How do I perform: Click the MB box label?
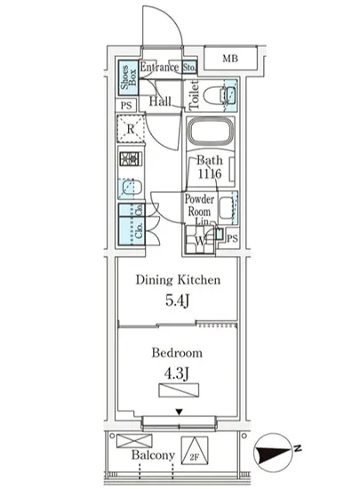click(230, 60)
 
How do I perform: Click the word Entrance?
click(160, 68)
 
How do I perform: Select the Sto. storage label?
click(189, 68)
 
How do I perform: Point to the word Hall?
click(160, 102)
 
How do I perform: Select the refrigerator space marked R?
click(131, 132)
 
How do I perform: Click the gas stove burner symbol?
click(130, 162)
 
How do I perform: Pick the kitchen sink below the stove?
click(130, 188)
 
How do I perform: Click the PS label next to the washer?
click(232, 238)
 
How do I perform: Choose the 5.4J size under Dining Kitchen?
click(177, 300)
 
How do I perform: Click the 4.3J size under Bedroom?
click(177, 369)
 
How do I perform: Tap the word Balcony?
click(152, 455)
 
